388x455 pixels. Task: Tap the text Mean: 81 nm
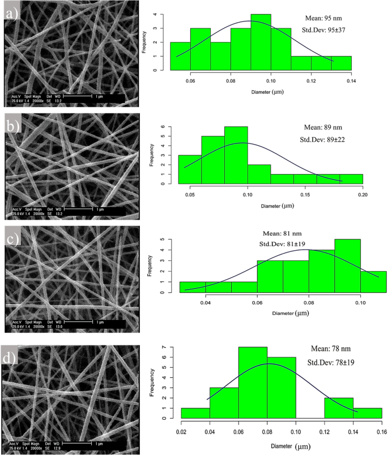click(276, 232)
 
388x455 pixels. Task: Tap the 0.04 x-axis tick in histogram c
click(206, 302)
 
